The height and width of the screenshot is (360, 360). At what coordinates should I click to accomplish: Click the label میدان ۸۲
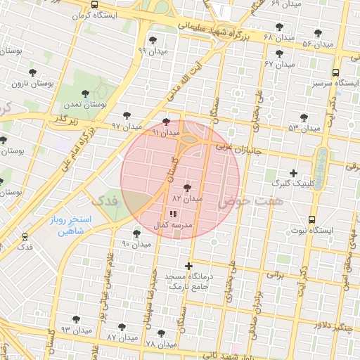(187, 199)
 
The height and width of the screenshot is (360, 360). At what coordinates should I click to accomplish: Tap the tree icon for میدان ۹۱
(166, 122)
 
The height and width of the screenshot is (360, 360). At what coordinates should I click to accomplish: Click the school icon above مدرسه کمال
(174, 214)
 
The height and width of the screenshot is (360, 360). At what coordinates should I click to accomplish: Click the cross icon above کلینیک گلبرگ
(293, 173)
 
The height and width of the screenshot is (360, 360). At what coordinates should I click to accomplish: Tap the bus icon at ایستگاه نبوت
(312, 219)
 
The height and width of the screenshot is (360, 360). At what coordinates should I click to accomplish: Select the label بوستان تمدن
(103, 103)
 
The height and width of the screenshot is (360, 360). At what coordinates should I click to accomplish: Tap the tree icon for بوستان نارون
(32, 72)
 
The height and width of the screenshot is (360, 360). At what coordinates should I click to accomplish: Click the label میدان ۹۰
(136, 244)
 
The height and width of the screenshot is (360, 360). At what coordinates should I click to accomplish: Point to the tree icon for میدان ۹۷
(127, 115)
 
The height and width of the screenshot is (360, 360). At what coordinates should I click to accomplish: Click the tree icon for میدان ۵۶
(318, 33)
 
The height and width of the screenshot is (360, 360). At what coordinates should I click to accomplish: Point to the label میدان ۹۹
(153, 51)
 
